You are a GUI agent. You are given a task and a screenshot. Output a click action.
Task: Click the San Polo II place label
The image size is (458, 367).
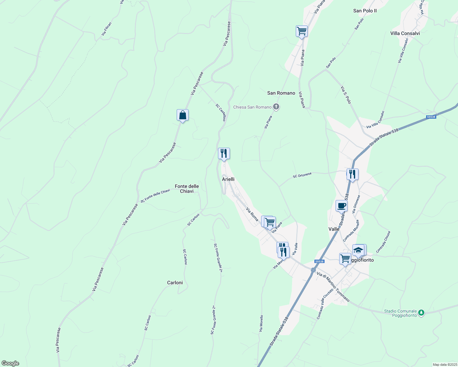(365, 11)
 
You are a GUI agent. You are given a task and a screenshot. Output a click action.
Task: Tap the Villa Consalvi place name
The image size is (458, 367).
(405, 33)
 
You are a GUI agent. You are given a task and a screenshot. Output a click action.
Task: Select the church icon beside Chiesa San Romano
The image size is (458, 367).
(276, 107)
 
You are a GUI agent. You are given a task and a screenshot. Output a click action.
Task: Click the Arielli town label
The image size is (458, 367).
(228, 179)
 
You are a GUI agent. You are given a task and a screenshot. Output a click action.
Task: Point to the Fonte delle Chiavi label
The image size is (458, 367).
(187, 189)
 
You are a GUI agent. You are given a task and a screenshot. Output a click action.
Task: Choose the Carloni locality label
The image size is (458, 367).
(175, 283)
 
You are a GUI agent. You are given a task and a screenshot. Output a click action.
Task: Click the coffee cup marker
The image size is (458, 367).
(341, 206)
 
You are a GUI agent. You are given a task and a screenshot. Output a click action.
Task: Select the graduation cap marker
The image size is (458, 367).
(358, 250)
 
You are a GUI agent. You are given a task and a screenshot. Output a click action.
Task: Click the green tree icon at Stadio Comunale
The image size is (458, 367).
(421, 313)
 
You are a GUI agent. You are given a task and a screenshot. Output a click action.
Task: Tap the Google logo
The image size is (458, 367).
(10, 363)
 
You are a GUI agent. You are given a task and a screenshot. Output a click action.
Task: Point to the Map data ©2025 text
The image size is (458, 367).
(445, 365)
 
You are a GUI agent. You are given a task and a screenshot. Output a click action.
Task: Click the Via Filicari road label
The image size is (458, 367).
(107, 29)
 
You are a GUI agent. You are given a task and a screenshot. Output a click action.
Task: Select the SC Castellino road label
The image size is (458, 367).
(221, 113)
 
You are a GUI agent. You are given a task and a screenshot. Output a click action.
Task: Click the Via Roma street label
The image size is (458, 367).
(252, 214)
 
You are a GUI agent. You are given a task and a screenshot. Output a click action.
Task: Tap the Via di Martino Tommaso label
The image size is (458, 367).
(333, 287)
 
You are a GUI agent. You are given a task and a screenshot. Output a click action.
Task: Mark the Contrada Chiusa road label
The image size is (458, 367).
(383, 242)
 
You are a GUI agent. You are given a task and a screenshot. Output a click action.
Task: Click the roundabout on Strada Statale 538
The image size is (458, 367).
(313, 270)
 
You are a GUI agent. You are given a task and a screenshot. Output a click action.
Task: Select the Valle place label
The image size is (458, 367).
(334, 229)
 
